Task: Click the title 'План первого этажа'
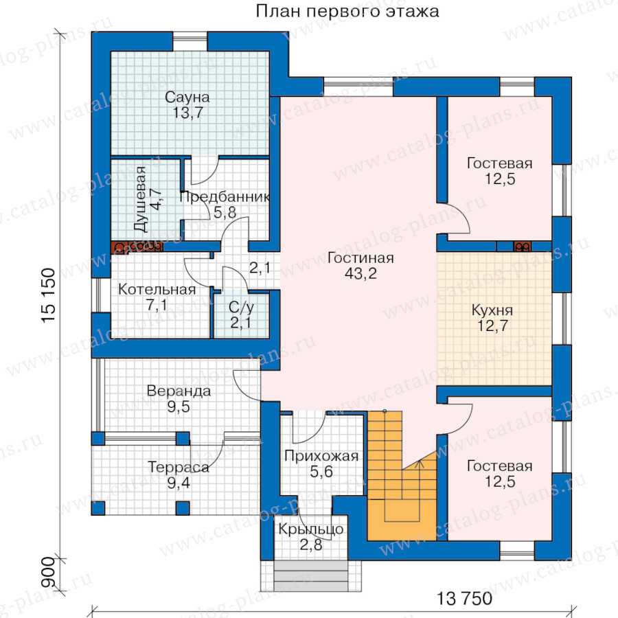coord(347,11)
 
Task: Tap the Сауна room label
coord(187,97)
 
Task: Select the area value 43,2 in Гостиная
coord(360,273)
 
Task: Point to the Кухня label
coord(492,310)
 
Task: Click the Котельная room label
coord(157,289)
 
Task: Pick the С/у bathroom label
coord(241,307)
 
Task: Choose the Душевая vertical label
coord(140,199)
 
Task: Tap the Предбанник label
coord(225,196)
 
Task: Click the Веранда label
coord(179,391)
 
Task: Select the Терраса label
coord(179,467)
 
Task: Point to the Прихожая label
coord(321,456)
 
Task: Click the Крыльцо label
coord(311,529)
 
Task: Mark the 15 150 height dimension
coord(49,295)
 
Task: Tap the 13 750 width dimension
coord(464,598)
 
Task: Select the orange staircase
coord(402,476)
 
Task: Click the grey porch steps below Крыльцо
coord(311,576)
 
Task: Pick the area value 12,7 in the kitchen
coord(492,326)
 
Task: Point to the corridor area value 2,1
coord(260,268)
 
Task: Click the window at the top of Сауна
coord(190,41)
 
